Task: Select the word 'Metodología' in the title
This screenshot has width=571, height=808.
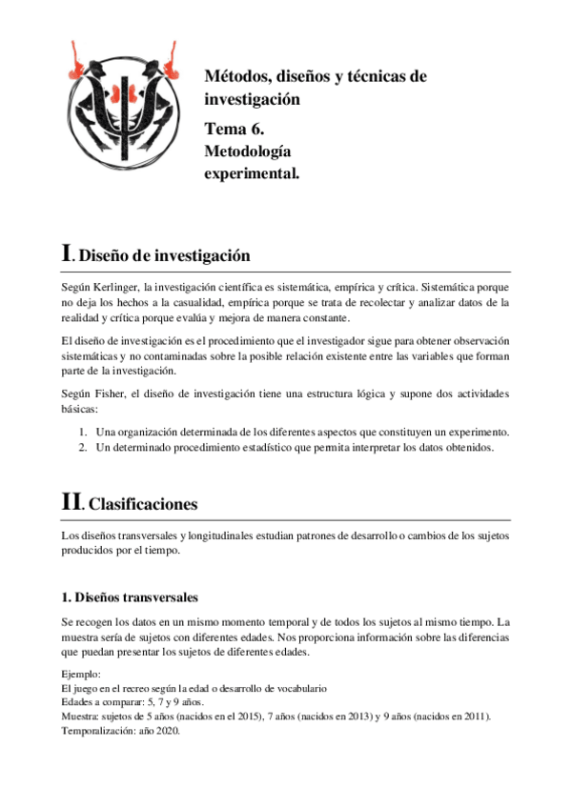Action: (247, 151)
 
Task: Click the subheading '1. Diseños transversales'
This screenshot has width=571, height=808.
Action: (129, 597)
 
